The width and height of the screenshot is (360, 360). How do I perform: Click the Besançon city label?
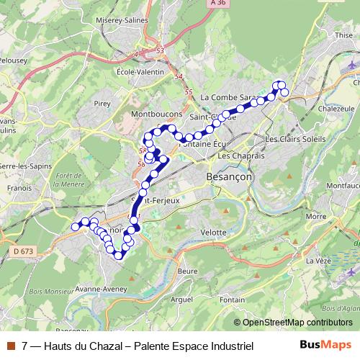pos(227,176)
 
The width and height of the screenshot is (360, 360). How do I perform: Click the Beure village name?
pos(187,271)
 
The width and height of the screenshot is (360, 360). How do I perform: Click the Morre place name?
pos(315,216)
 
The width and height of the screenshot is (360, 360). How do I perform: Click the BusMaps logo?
pos(325,346)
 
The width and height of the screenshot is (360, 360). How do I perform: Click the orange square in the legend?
pos(10,346)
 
